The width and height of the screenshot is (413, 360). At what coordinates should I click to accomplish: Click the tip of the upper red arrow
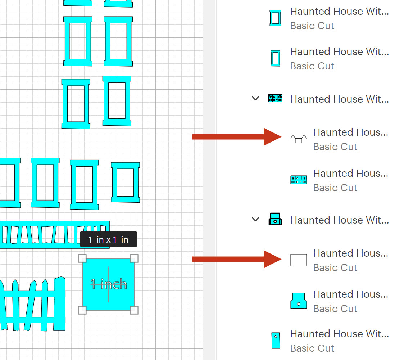(x=281, y=137)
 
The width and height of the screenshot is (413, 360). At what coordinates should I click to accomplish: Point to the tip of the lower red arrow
(x=281, y=259)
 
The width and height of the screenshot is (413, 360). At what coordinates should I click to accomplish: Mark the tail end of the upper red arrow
(x=193, y=137)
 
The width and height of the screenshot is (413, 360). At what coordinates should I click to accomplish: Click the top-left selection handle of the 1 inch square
(x=82, y=258)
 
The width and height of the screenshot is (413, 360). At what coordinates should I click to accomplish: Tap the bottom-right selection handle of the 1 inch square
(x=134, y=310)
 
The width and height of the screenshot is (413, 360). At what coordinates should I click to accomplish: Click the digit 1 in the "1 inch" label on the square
(x=93, y=284)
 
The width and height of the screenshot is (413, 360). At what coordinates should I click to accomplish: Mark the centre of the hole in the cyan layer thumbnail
(x=299, y=304)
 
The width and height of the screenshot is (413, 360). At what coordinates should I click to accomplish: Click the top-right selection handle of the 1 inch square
(x=134, y=258)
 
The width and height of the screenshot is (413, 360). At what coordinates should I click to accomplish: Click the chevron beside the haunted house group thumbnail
(x=255, y=99)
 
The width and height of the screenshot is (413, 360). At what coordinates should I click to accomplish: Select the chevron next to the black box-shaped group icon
(x=255, y=219)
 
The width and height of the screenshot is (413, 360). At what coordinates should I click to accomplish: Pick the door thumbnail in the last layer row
(x=276, y=340)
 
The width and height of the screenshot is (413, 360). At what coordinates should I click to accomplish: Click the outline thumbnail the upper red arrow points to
(x=299, y=138)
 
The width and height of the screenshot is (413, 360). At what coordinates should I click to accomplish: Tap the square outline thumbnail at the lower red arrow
(x=299, y=260)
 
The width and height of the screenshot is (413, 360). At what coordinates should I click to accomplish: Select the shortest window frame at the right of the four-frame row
(x=125, y=183)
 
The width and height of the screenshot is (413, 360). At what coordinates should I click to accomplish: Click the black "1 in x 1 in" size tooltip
(x=109, y=239)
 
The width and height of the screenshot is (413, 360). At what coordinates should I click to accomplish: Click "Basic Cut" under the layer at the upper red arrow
(x=335, y=147)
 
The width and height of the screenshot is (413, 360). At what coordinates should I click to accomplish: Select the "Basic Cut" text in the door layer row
(x=312, y=348)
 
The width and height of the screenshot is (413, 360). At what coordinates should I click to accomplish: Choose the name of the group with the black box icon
(x=340, y=220)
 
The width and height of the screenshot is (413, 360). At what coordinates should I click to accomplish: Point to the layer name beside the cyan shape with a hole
(x=350, y=294)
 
